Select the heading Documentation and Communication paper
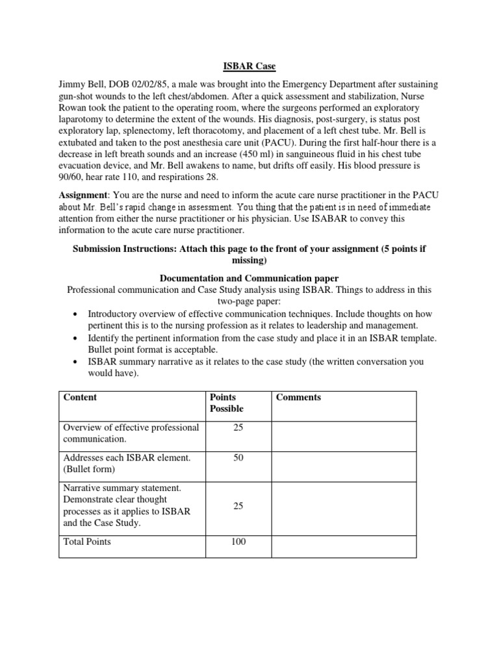[x=249, y=277]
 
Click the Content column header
[x=80, y=397]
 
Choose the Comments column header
[x=298, y=397]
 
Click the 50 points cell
[x=238, y=458]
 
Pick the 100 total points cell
[x=238, y=542]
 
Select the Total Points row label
[x=87, y=542]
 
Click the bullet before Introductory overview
[x=77, y=314]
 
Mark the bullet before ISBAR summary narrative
[x=77, y=362]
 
